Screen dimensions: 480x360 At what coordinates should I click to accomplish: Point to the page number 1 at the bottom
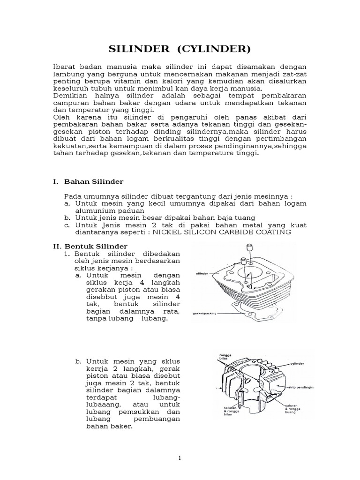(180, 457)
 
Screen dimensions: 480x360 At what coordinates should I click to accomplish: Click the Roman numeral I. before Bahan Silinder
(54, 181)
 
